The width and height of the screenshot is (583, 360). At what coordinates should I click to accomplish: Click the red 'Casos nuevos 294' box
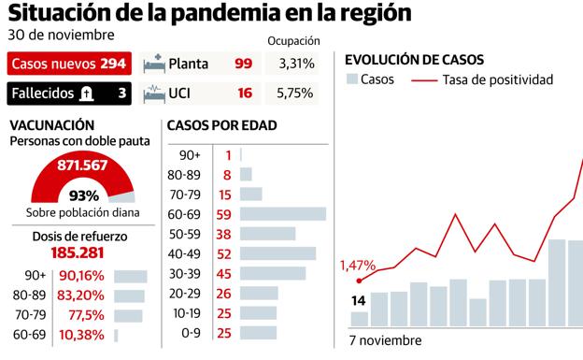click(69, 65)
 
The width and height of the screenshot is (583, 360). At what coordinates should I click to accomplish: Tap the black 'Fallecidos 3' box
click(69, 94)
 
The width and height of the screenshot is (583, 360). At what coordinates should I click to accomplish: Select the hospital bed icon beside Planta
click(153, 65)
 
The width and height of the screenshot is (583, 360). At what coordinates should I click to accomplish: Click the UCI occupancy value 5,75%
click(295, 94)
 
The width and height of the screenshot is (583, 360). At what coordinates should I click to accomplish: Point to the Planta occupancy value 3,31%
click(295, 65)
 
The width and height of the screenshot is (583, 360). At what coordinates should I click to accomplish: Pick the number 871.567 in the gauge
click(81, 165)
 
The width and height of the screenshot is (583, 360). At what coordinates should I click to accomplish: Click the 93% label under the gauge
click(83, 195)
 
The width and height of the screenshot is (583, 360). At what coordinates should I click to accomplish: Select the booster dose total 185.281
click(83, 252)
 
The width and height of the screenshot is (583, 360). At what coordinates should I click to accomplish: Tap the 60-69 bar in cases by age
click(283, 213)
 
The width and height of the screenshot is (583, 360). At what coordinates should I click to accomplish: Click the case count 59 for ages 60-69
click(224, 213)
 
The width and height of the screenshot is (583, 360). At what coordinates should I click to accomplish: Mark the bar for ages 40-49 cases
click(277, 252)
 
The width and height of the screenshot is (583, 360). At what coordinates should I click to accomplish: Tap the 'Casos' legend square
click(352, 79)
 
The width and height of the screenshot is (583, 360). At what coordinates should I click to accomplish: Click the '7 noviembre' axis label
click(386, 341)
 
